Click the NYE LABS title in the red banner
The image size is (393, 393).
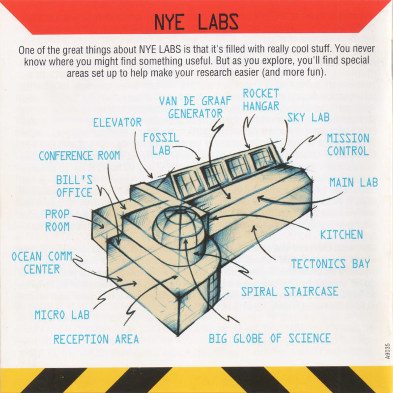tap(196, 22)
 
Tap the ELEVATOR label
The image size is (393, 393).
tap(117, 122)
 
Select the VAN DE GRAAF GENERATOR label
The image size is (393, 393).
tap(195, 107)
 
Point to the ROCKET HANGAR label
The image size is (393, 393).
tap(261, 100)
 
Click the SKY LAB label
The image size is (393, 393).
tap(308, 117)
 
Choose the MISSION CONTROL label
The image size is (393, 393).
tap(348, 144)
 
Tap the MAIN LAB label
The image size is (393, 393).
tap(353, 182)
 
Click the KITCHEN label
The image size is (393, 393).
tap(341, 235)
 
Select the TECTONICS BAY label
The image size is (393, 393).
tap(331, 264)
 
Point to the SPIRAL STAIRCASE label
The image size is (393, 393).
tap(290, 291)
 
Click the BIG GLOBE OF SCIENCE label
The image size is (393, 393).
tap(270, 338)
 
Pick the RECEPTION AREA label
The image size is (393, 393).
tap(96, 339)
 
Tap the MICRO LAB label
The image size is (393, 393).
tap(62, 315)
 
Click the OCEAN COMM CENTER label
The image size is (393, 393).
tap(42, 263)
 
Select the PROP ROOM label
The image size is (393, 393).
tap(57, 220)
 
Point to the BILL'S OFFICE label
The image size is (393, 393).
tap(74, 186)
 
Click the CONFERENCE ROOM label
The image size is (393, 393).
tap(80, 156)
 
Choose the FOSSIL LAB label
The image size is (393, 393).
tap(161, 144)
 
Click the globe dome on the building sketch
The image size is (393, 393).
tap(179, 227)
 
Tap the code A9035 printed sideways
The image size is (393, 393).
tap(388, 351)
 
